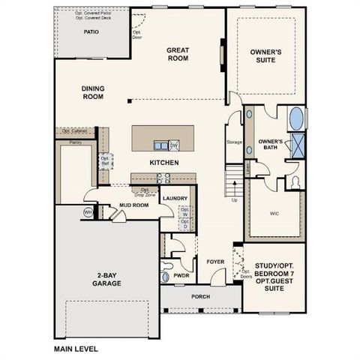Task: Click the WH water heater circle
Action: (x=88, y=213)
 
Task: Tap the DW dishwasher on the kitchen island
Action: (x=174, y=145)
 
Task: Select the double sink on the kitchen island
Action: (x=160, y=145)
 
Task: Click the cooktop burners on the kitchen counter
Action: (x=163, y=178)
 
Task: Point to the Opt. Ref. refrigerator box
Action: (x=106, y=161)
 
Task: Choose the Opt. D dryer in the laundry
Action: (x=184, y=226)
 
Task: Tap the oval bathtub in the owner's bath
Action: (x=296, y=118)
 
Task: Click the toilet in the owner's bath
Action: (x=293, y=182)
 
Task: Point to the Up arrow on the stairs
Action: (x=234, y=199)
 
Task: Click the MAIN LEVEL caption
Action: (x=76, y=349)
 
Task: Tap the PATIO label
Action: (x=91, y=32)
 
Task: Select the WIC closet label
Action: (x=275, y=212)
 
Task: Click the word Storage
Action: (x=234, y=141)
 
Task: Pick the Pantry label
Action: (x=75, y=142)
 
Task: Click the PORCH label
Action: (x=199, y=296)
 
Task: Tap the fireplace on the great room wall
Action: (x=222, y=56)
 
